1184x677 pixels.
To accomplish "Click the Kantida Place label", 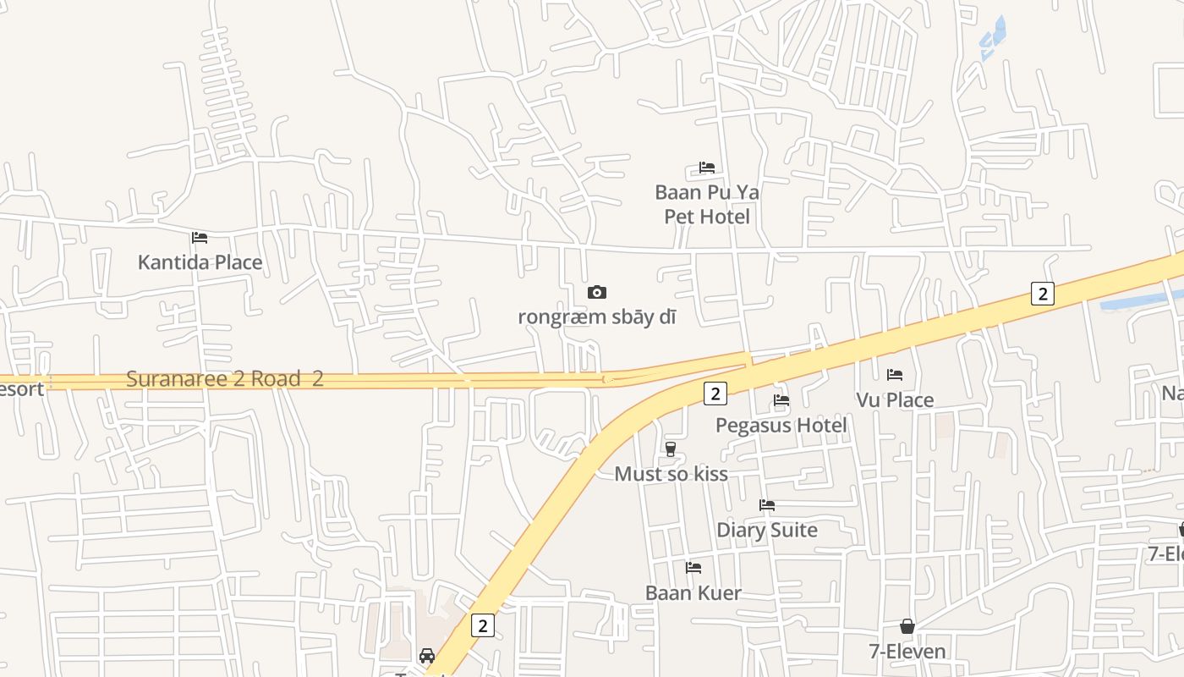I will tap(200, 262).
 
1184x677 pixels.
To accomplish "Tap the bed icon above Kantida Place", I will tap(200, 237).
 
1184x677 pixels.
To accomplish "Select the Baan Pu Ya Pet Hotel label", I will tap(707, 205).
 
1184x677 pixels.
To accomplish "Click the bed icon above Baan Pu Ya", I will tap(707, 168).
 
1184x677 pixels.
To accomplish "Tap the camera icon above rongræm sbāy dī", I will tap(597, 292).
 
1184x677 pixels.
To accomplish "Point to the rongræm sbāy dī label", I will tap(597, 317).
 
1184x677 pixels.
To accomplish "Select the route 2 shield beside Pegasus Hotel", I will tap(715, 393).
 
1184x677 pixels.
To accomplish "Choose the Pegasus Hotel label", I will tap(781, 425).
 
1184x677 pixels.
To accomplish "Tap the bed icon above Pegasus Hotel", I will tap(781, 399).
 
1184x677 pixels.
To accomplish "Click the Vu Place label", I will tap(895, 399).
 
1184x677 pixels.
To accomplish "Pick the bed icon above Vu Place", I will tap(895, 374).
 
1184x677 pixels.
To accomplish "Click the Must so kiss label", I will tap(671, 474).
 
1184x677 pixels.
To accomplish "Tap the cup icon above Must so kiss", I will tap(671, 449).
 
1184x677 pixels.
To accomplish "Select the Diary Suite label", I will tap(767, 531).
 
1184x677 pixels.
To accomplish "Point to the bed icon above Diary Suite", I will tap(767, 505).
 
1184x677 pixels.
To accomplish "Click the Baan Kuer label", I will tap(693, 593).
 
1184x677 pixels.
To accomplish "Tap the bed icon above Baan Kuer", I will tap(693, 567).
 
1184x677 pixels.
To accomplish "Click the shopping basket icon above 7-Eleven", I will tap(907, 626).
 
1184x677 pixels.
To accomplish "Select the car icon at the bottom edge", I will tap(427, 656).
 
